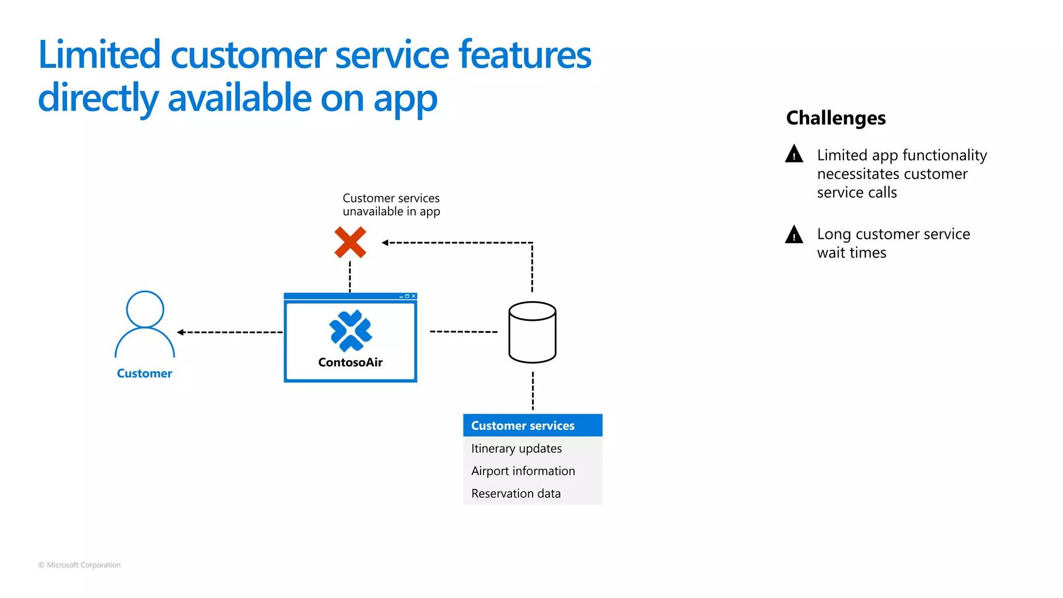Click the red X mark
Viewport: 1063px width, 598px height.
[x=350, y=242]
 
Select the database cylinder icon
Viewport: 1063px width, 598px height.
[x=532, y=332]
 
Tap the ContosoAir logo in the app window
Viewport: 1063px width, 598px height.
[x=350, y=331]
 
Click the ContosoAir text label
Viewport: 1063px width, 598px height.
[x=350, y=362]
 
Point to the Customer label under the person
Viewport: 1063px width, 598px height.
[x=144, y=373]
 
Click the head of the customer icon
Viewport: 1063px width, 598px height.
[x=145, y=309]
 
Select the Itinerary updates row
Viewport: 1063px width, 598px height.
[x=516, y=448]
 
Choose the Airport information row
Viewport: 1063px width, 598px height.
[x=523, y=471]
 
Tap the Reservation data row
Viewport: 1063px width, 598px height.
[x=516, y=494]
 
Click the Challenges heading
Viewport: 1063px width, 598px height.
[x=836, y=118]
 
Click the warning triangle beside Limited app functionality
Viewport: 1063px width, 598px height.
[x=794, y=154]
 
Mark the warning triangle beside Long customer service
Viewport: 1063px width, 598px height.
[x=794, y=235]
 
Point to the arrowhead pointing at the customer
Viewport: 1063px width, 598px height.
[x=181, y=332]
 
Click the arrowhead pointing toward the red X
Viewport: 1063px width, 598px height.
[x=385, y=242]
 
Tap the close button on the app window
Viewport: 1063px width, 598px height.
[x=413, y=296]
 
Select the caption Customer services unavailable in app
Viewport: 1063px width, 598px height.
[x=391, y=205]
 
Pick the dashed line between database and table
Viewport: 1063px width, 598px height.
[x=533, y=390]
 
